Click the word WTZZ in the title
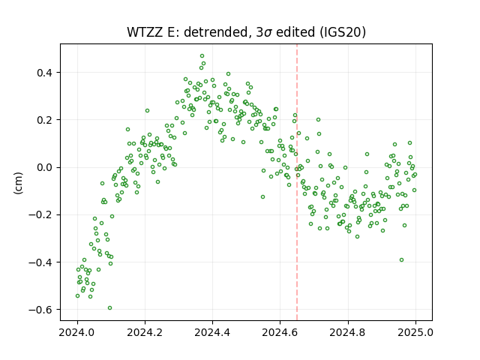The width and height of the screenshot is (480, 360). point(145,32)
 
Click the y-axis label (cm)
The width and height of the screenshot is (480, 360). point(18,183)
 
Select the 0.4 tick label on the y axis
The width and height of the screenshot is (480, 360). point(45,73)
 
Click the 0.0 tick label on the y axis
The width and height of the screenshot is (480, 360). point(45,168)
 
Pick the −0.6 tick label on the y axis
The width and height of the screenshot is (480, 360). point(41,310)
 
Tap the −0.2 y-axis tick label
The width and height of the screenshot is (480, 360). point(41,215)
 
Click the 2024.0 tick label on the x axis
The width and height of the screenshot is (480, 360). point(77,332)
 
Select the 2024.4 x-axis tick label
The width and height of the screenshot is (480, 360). point(212,332)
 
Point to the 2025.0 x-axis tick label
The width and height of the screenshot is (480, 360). point(415,332)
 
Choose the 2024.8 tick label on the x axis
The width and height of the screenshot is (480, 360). point(348,332)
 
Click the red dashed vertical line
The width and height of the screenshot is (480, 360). point(297,182)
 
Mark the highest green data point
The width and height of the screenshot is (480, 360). point(202,56)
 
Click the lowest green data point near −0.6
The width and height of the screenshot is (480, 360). point(110,308)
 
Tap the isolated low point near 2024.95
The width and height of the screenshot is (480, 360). point(401,260)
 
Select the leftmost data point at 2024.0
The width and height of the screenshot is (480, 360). point(78,296)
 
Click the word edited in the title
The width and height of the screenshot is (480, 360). point(295,32)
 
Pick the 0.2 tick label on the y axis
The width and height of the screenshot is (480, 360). point(45,120)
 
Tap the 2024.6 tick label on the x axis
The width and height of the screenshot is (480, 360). point(280,332)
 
